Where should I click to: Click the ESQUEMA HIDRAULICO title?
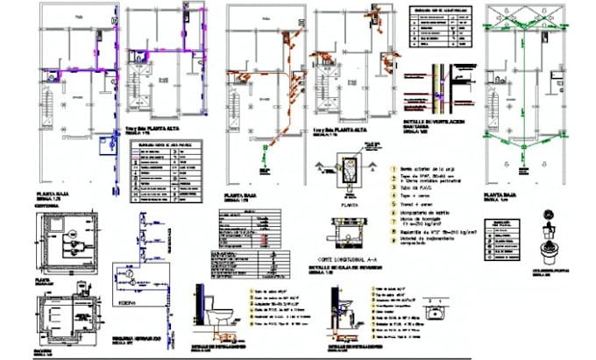133,335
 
